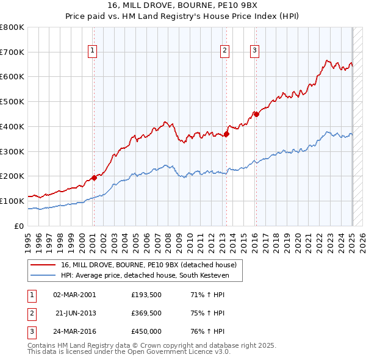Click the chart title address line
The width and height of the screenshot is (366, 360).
[182, 7]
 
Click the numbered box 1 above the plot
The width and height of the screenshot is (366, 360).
[92, 51]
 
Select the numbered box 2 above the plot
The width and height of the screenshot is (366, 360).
[224, 51]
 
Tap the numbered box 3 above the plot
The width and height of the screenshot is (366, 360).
[254, 51]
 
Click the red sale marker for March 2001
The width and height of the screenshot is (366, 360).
[94, 178]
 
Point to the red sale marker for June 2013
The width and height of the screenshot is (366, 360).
[226, 134]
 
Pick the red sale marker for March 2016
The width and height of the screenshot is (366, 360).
[256, 114]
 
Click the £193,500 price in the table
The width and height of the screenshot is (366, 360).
[146, 295]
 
